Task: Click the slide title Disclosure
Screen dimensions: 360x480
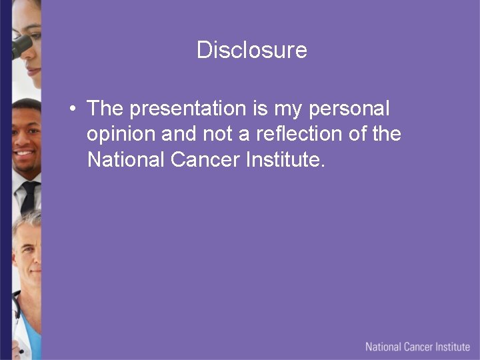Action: pyautogui.click(x=251, y=50)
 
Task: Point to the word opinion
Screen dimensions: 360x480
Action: pyautogui.click(x=121, y=135)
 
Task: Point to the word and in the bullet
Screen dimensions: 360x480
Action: pyautogui.click(x=178, y=134)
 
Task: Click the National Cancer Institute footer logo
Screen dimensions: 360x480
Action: pyautogui.click(x=417, y=347)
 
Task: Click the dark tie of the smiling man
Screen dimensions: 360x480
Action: pyautogui.click(x=29, y=196)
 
